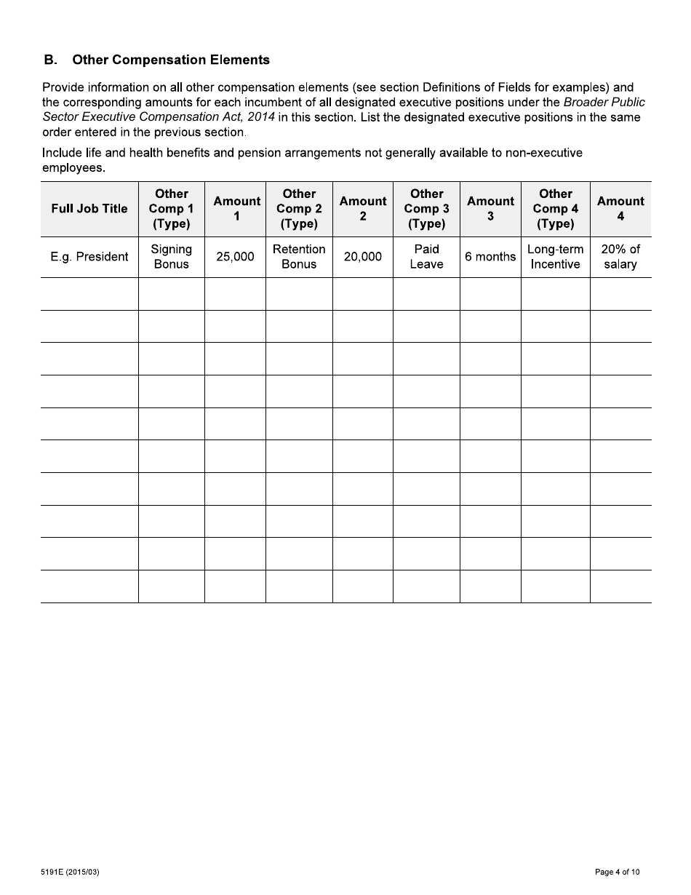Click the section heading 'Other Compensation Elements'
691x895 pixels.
(171, 60)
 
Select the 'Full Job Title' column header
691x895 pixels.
(89, 209)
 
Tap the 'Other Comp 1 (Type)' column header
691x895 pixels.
(172, 209)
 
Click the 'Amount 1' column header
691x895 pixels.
(236, 209)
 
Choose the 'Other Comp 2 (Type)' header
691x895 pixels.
(299, 209)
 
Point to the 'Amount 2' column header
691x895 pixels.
(363, 209)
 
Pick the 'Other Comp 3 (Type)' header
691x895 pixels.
(426, 209)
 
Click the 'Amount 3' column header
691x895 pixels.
(490, 209)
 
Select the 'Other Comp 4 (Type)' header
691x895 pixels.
(556, 209)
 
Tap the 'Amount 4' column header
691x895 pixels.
(620, 209)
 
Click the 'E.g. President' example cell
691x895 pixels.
(89, 257)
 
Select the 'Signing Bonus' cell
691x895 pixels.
(172, 257)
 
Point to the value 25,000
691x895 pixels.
(236, 257)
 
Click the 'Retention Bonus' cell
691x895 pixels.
(299, 257)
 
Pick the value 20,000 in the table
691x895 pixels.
(363, 257)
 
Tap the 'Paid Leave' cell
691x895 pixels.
(426, 257)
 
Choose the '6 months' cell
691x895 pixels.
(490, 257)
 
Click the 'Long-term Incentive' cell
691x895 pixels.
(556, 257)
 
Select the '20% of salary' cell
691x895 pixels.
(620, 257)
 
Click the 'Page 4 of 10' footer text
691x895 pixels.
(617, 872)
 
